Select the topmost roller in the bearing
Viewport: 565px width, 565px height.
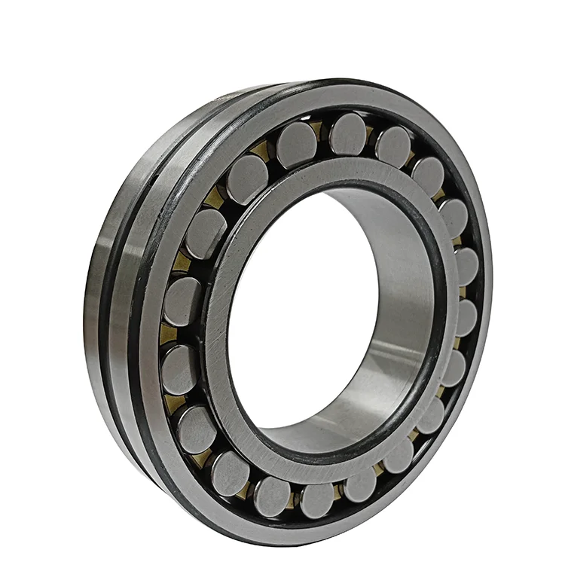[348, 134]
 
